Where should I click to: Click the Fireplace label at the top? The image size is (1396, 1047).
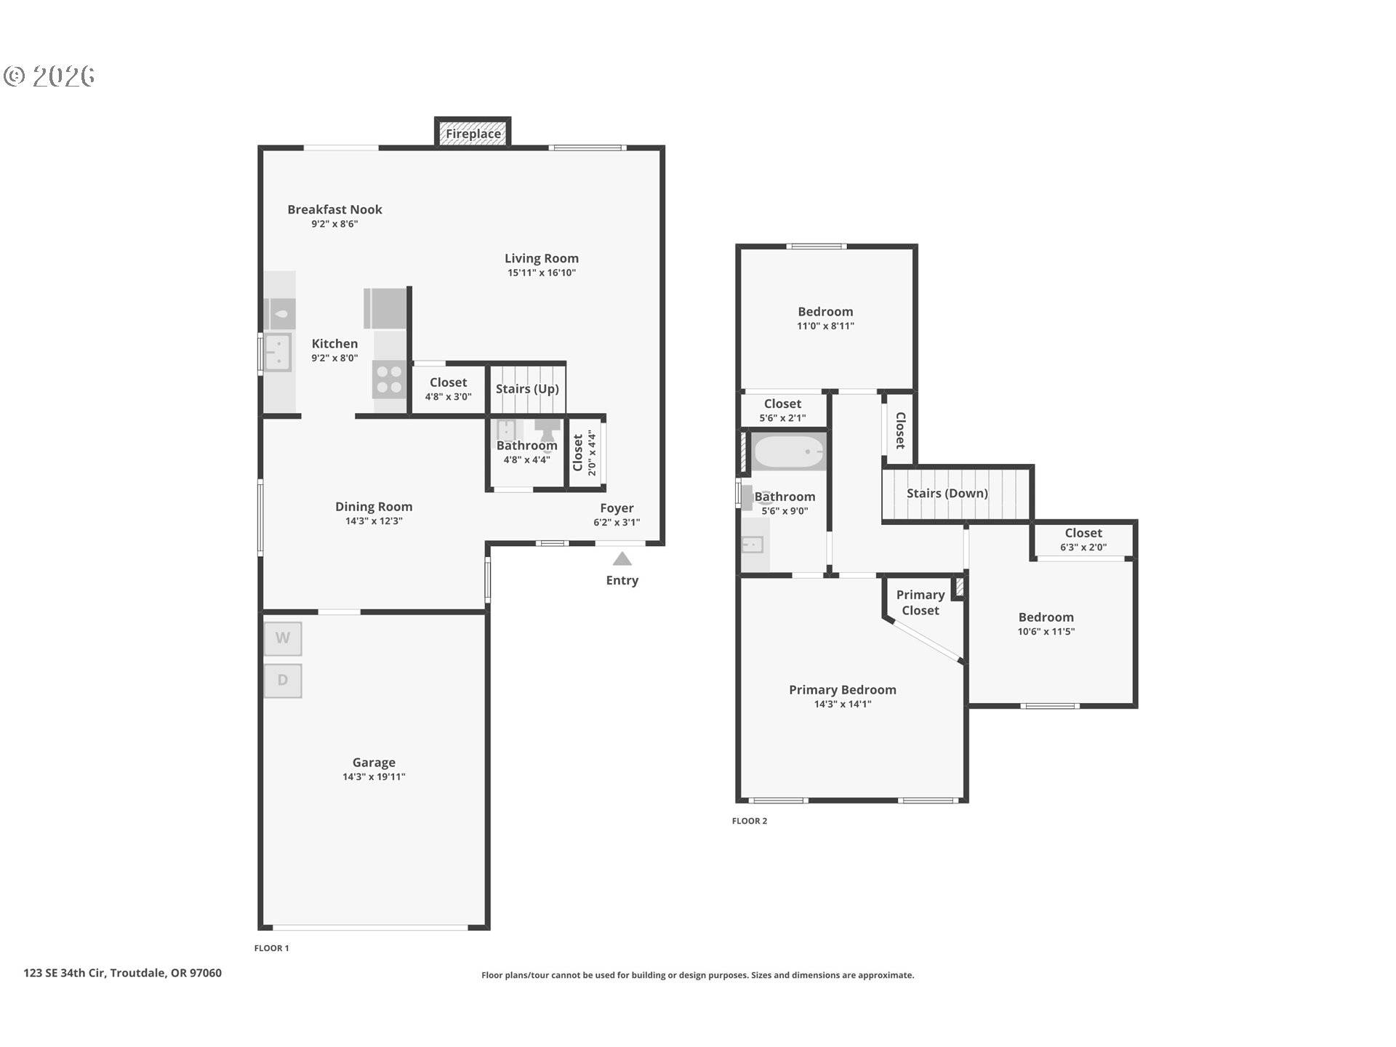pos(473,134)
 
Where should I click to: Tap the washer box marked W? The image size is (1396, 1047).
pos(283,638)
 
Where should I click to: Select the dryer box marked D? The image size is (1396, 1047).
pos(283,681)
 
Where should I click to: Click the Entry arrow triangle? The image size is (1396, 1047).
pos(622,559)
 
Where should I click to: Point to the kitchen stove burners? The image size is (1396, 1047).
pos(390,380)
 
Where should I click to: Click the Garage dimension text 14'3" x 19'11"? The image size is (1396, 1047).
pos(374,777)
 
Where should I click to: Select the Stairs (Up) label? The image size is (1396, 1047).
pos(527,389)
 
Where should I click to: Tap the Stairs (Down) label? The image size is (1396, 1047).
pos(947,494)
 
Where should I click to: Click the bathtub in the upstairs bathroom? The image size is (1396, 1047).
pos(789,452)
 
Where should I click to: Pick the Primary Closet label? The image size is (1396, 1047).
pos(920,603)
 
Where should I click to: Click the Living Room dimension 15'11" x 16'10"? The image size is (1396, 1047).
pos(542,273)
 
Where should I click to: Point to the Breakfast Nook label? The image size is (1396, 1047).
pos(334,209)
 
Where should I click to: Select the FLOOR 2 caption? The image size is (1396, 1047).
pos(749,821)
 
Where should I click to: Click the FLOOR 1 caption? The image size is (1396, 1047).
pos(271,948)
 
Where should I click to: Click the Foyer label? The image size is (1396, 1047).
pos(617,508)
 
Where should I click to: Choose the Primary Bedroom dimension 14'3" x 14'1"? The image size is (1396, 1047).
pos(842,704)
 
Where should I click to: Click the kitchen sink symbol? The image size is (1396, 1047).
pos(277,352)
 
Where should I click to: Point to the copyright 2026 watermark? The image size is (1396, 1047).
pos(49,76)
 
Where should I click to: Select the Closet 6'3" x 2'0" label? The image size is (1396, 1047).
pos(1083,539)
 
